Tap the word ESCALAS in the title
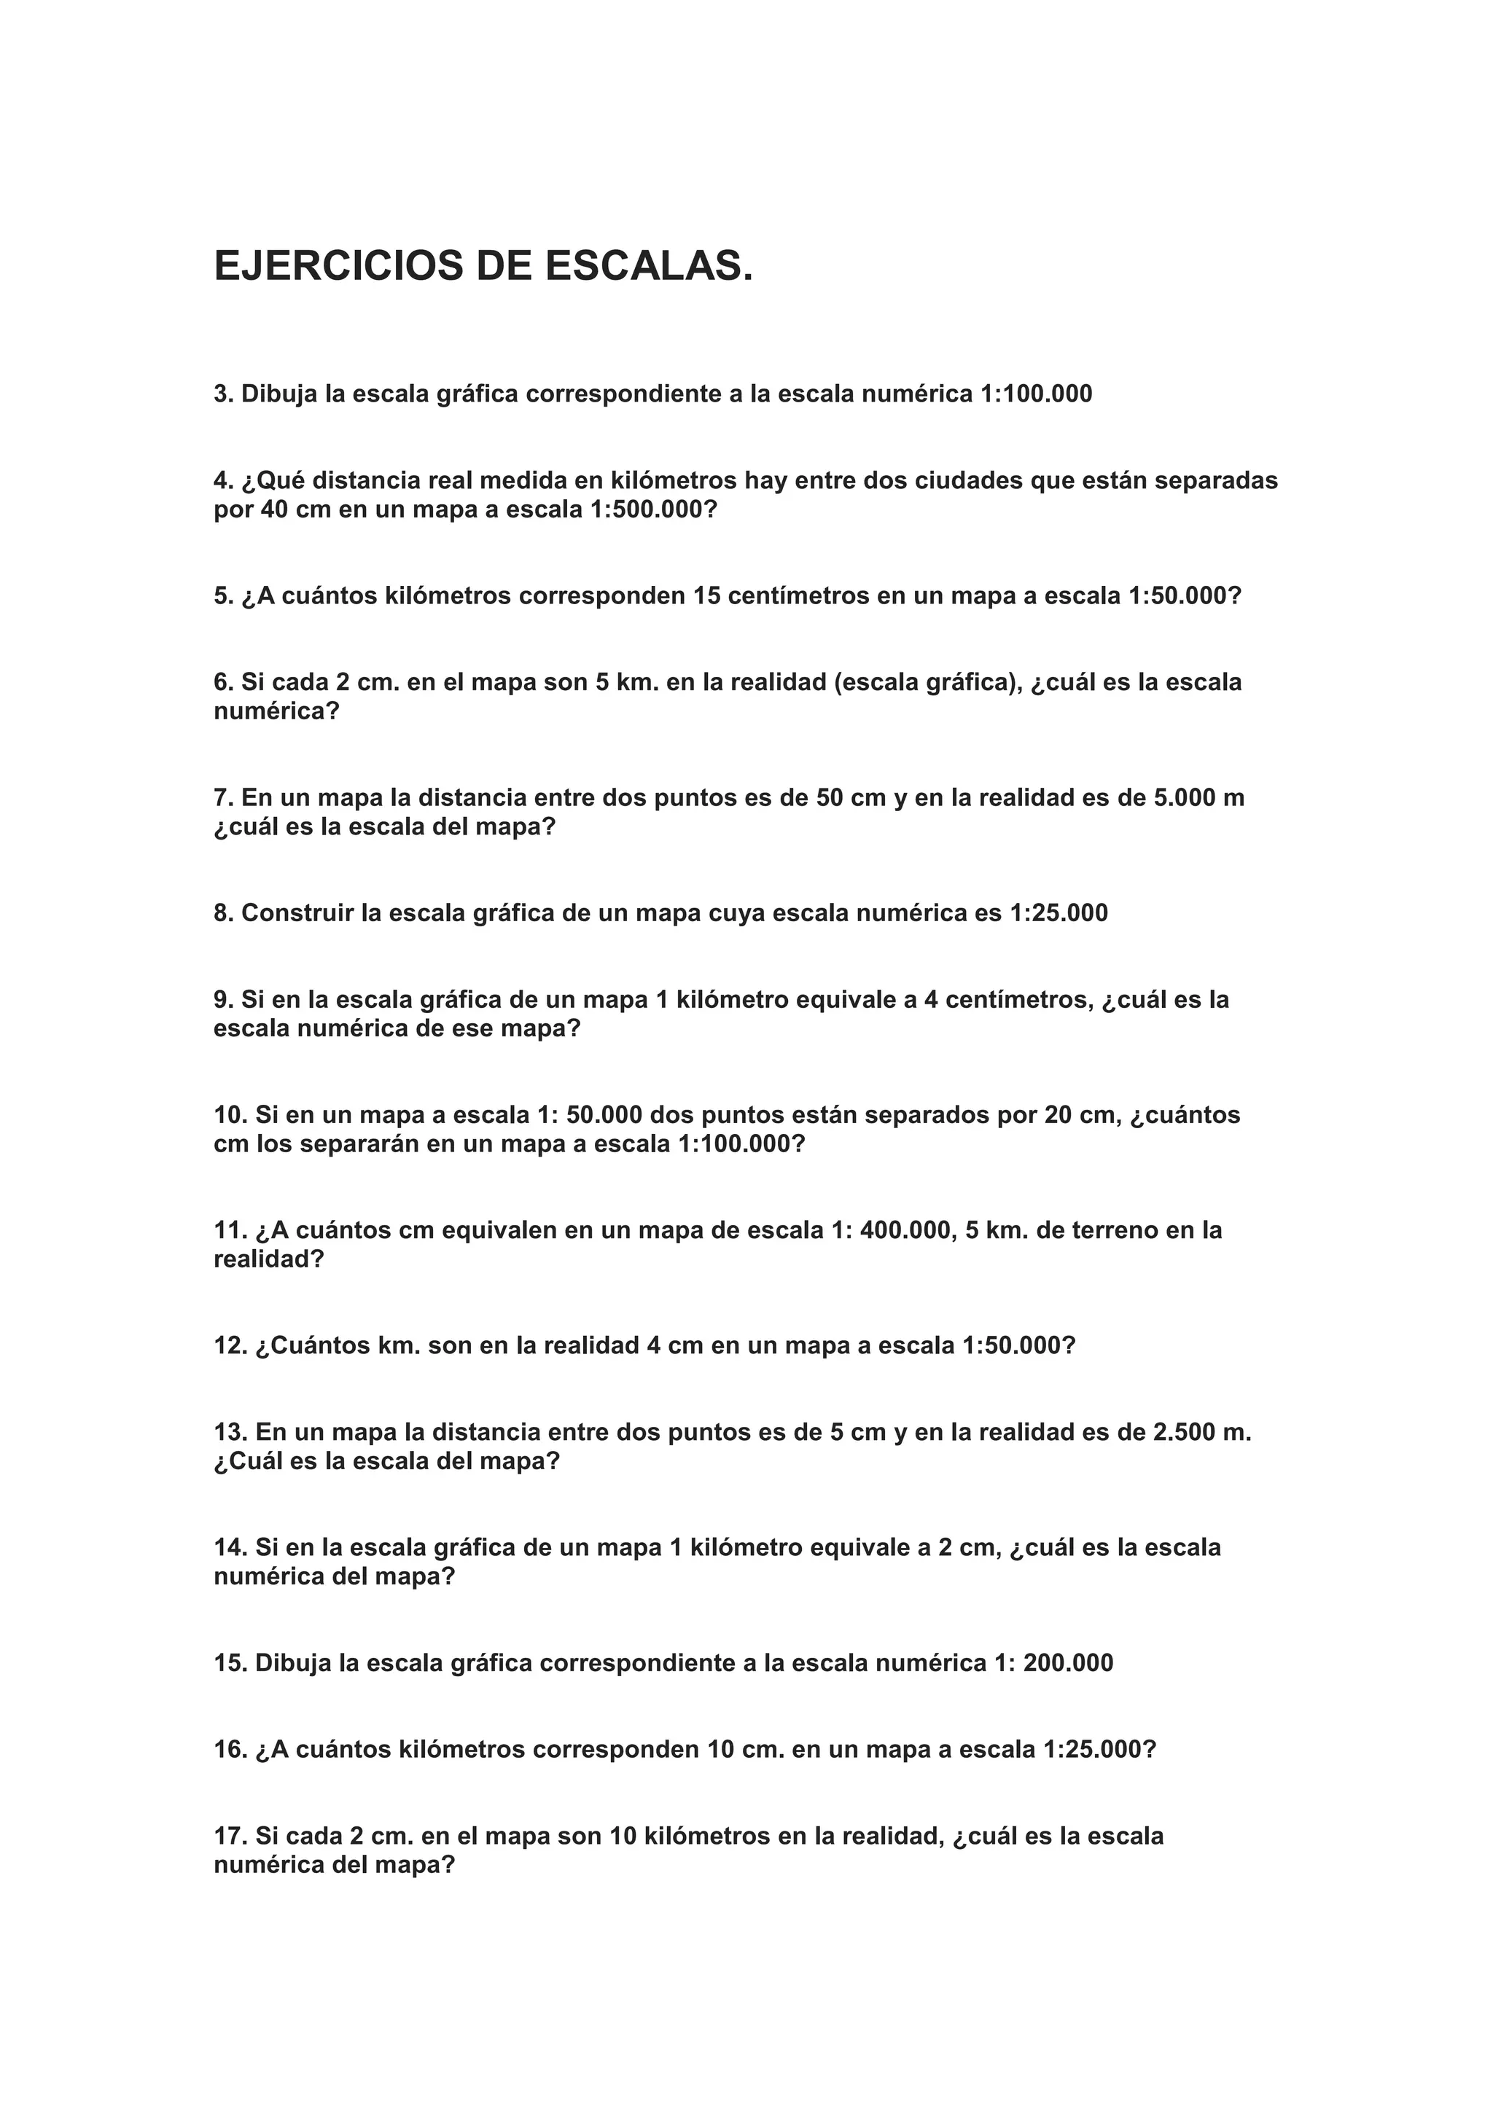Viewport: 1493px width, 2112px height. coord(649,266)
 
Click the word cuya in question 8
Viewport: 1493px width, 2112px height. coord(735,913)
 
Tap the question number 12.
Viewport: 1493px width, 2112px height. coord(231,1346)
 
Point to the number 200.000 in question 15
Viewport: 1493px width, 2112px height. coord(1067,1663)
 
